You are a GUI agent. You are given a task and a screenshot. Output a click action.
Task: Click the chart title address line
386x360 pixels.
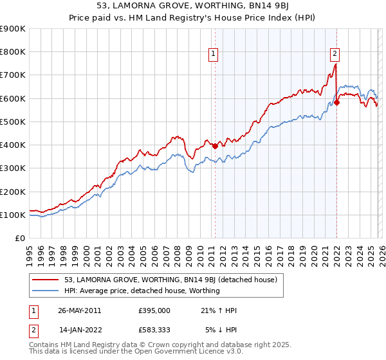pos(193,6)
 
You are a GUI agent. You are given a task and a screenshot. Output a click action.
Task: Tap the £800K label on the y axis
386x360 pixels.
pos(14,52)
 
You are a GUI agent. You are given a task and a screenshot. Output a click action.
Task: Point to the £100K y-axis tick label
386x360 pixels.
pos(14,215)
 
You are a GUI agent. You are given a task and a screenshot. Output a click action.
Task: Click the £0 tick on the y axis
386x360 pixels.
pos(20,238)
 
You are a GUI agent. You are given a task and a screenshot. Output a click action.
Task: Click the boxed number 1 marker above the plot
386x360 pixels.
pos(214,54)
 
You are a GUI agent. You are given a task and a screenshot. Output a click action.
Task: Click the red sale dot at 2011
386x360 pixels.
pos(215,146)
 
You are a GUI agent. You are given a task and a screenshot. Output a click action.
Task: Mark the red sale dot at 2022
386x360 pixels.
pos(336,102)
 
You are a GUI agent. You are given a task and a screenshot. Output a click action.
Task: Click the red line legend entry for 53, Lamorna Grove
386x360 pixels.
pos(170,280)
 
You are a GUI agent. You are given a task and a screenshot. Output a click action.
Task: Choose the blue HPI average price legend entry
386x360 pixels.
pos(142,291)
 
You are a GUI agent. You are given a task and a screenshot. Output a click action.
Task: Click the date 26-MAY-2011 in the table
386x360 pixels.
pos(80,310)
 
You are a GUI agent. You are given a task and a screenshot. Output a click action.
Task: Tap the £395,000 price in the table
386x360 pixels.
pos(154,310)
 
